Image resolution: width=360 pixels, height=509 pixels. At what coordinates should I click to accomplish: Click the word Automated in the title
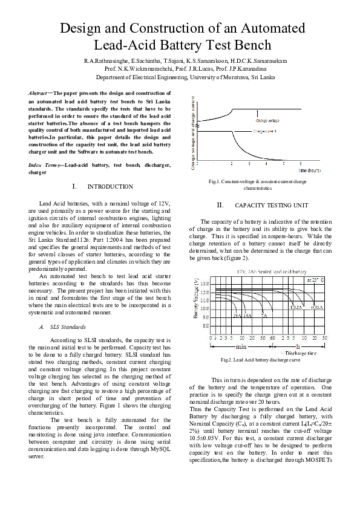[x=267, y=28]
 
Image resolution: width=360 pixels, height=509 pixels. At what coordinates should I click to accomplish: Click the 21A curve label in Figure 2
[x=238, y=315]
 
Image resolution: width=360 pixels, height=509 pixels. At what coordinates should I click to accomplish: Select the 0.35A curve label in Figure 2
[x=316, y=308]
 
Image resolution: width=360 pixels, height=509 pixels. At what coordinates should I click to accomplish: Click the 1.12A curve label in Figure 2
[x=296, y=308]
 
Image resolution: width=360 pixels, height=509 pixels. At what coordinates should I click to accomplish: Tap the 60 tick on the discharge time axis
[x=272, y=337]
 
